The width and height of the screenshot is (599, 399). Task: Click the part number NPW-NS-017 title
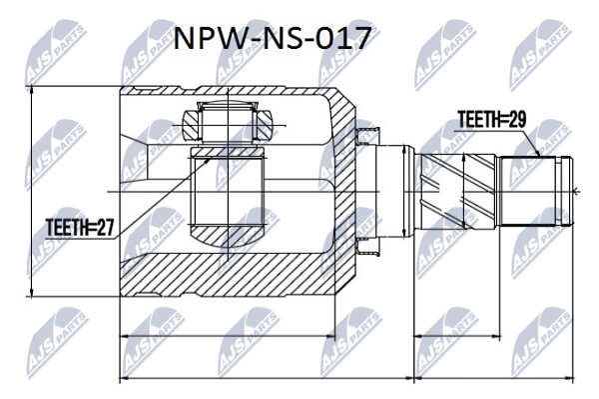(x=273, y=39)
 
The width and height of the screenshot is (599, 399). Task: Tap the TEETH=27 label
(x=80, y=228)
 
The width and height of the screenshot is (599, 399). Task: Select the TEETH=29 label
(x=492, y=119)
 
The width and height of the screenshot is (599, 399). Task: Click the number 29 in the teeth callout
(x=517, y=119)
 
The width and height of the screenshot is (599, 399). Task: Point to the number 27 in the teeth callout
(x=105, y=228)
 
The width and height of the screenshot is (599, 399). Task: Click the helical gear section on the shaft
(x=457, y=191)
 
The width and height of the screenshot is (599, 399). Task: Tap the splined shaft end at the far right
(x=537, y=191)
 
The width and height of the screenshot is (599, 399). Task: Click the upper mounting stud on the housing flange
(x=366, y=136)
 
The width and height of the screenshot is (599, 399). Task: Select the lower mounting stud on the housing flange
(x=366, y=246)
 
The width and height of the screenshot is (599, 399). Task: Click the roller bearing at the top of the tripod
(x=227, y=122)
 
